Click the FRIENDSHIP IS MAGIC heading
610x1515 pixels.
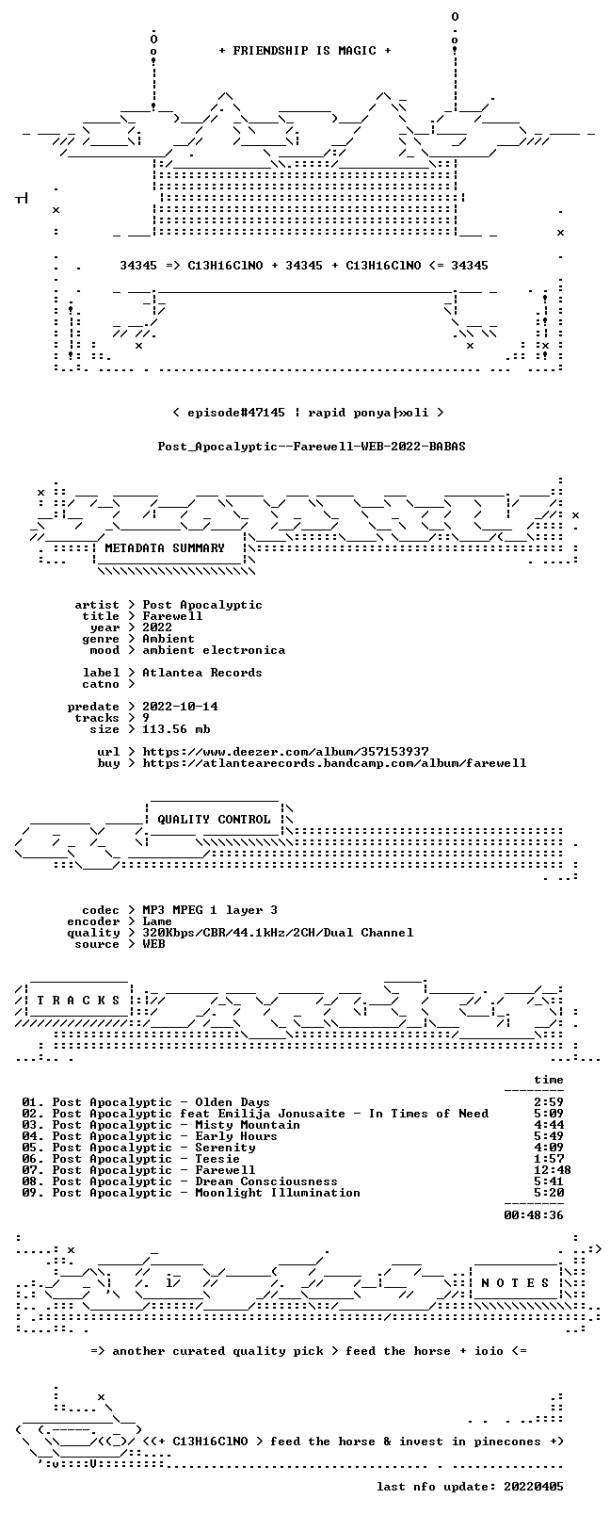point(305,51)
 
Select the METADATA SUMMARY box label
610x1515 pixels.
point(165,547)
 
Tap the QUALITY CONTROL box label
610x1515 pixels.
point(214,819)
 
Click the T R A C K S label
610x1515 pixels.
point(78,1000)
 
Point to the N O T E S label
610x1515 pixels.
point(516,1282)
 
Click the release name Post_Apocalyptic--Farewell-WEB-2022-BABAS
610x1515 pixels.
point(312,447)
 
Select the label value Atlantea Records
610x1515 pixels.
point(202,673)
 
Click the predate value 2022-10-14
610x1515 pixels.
point(181,706)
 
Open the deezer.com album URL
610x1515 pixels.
point(286,752)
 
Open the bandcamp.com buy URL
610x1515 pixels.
point(334,763)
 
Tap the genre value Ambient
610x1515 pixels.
point(169,639)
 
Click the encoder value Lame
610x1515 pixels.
point(157,921)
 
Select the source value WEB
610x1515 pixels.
point(154,943)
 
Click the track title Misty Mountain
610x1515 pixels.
point(248,1125)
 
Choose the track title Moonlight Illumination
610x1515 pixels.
point(278,1193)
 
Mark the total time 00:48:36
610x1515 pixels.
point(534,1215)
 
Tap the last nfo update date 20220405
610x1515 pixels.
point(534,1486)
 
